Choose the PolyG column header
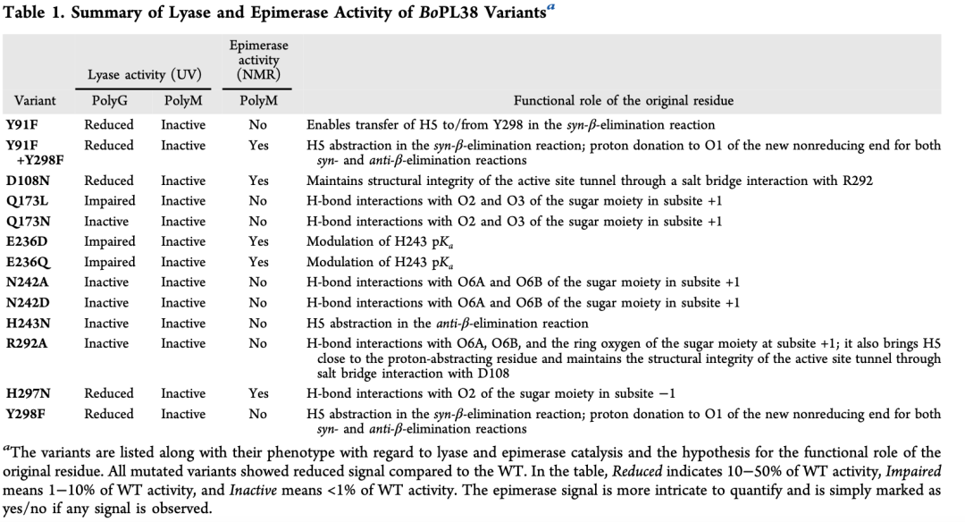coord(109,101)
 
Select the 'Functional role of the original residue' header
coord(624,101)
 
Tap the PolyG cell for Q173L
coord(109,201)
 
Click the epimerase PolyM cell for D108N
coord(258,181)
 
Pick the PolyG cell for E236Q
coord(109,262)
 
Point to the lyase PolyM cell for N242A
coord(182,282)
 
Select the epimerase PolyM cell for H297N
coord(258,393)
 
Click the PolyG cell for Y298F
coord(109,414)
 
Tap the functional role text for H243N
coord(447,324)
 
